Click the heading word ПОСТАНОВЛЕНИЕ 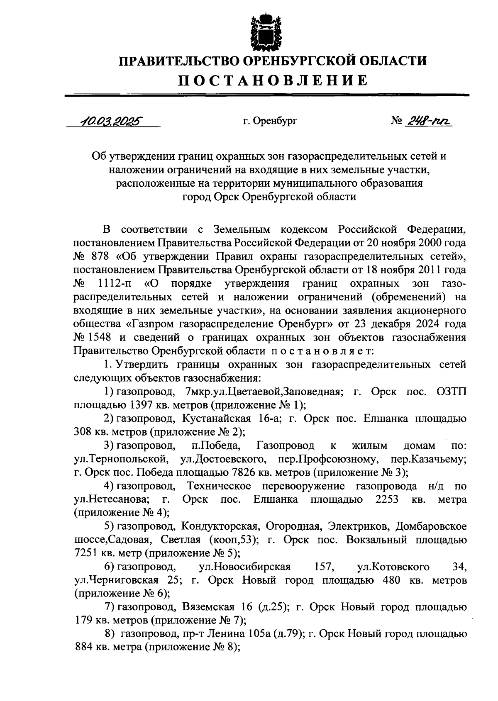[273, 80]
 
